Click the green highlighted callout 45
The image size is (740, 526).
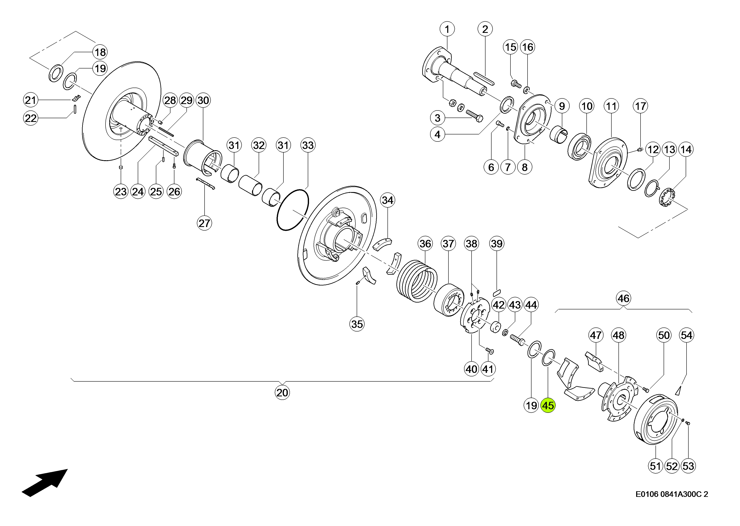pos(548,406)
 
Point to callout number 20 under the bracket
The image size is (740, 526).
pos(282,393)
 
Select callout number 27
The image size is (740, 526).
pos(204,223)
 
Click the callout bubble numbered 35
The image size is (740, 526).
pos(357,324)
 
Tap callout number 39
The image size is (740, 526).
pos(497,244)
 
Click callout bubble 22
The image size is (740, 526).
pos(31,118)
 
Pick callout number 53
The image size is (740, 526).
pos(688,466)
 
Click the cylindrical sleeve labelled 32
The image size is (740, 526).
pos(250,185)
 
